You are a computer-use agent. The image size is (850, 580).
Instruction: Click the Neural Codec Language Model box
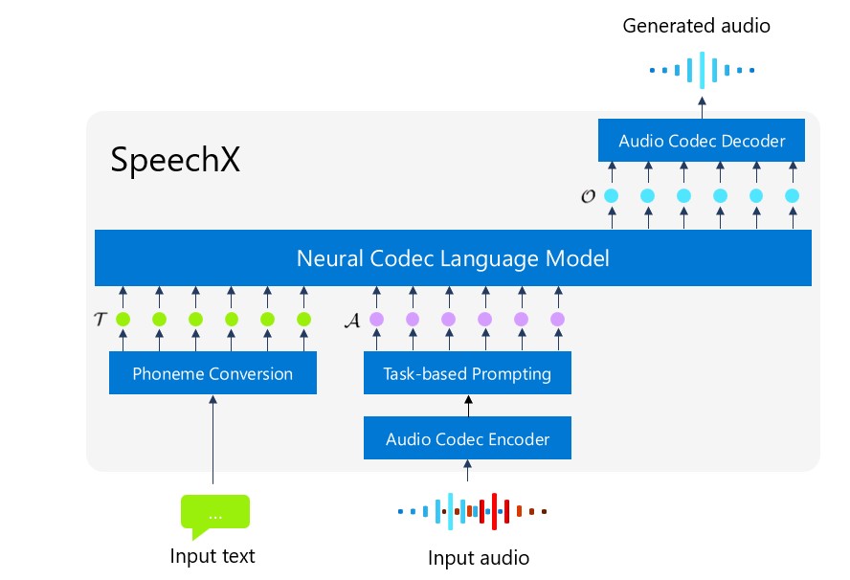coord(453,258)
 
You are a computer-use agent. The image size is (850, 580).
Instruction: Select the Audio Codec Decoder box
coord(702,141)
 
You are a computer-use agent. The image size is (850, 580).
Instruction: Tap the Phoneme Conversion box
coord(212,373)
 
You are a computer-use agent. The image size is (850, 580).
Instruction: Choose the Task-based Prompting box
coord(467,373)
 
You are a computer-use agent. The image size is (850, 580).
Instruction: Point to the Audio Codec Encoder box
coord(467,439)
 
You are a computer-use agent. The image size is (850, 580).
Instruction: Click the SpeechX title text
coord(175,160)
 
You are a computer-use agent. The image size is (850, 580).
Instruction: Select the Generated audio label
coord(696,26)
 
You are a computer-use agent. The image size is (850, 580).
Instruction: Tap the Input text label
coord(212,556)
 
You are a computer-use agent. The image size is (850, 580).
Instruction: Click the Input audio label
coord(479,558)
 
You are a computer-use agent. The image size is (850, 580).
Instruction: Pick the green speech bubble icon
coord(214,513)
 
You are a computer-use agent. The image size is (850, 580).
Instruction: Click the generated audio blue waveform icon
coord(702,70)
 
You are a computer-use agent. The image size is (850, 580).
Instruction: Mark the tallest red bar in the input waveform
coord(494,511)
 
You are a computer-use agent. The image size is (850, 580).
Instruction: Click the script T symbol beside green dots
coord(100,319)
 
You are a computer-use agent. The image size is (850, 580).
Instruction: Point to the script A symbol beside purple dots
coord(351,319)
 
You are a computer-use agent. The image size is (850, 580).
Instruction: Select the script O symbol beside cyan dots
coord(588,196)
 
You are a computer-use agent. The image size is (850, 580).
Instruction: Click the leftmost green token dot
coord(123,319)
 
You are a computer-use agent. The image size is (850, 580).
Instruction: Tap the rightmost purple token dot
coord(557,319)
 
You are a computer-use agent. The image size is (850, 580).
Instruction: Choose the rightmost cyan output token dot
coord(792,196)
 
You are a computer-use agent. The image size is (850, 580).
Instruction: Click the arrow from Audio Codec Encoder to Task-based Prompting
coord(468,407)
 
